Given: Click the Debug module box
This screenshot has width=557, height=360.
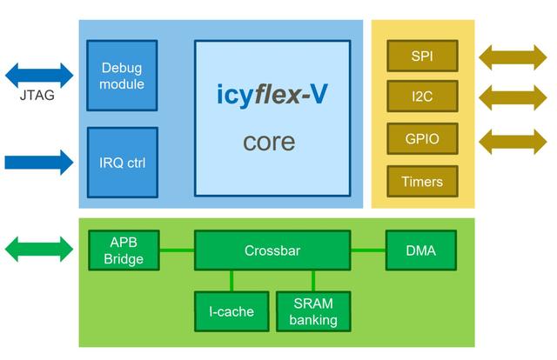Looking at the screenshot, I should [122, 76].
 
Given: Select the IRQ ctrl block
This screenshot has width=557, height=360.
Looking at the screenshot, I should [122, 163].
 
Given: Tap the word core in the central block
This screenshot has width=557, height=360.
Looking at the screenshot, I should [269, 142].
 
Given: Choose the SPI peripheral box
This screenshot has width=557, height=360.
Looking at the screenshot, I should [422, 57].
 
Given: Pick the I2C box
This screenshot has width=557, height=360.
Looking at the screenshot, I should [422, 97].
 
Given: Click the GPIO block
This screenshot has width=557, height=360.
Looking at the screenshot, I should [422, 138].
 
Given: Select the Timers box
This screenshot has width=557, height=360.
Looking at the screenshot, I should [422, 182].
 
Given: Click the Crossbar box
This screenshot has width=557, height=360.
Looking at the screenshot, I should [272, 250].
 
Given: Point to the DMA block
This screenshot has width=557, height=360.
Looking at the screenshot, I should [421, 250].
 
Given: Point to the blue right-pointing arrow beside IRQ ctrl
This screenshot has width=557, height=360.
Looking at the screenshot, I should [39, 162].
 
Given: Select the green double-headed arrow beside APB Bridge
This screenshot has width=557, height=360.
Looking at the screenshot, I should [39, 250].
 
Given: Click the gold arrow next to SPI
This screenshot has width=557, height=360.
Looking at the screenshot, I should [512, 57].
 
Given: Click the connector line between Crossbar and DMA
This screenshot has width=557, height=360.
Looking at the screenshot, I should [367, 250].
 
